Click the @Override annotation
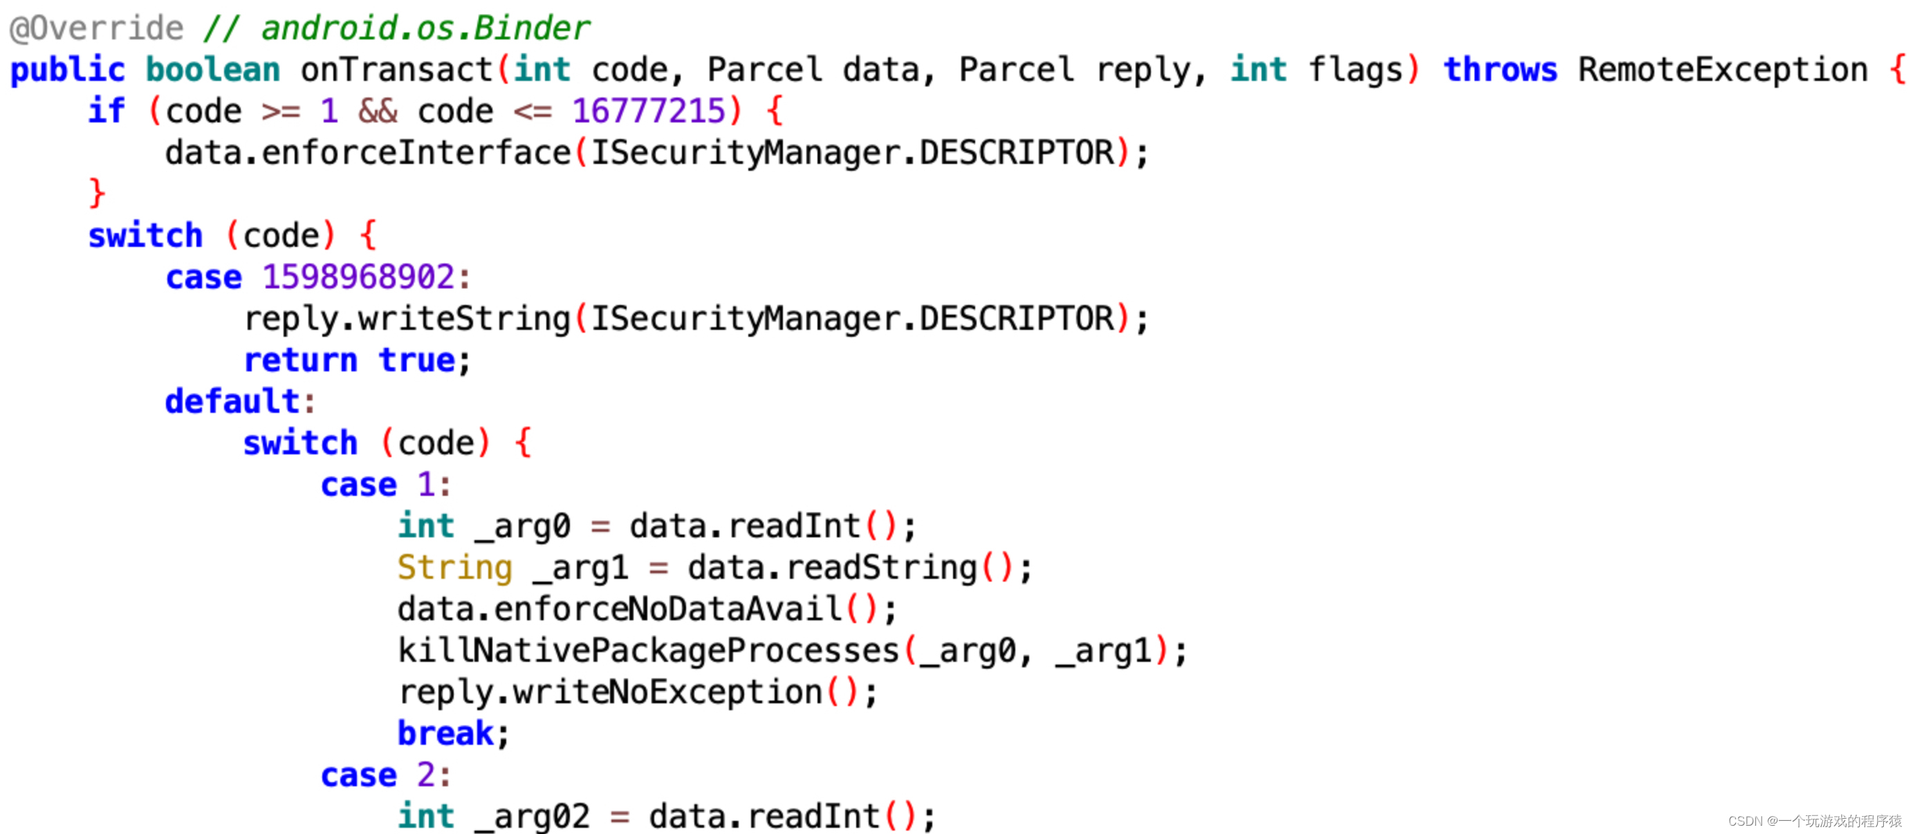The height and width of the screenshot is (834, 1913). (x=97, y=28)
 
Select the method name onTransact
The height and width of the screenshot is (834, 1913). (x=397, y=70)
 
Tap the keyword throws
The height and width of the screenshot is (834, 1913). (x=1500, y=70)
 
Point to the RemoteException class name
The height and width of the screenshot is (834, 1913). (x=1723, y=70)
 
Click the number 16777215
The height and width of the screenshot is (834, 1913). (x=648, y=111)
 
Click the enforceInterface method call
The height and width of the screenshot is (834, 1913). (x=416, y=153)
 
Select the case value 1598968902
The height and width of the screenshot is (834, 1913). (x=359, y=277)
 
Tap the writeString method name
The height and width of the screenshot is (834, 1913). (x=464, y=319)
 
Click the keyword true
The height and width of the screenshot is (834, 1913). (x=417, y=360)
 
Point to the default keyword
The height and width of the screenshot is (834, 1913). (x=232, y=402)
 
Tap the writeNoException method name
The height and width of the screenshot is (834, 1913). (x=667, y=692)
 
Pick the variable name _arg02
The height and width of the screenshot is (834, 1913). (x=533, y=817)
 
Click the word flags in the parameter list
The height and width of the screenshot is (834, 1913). (x=1356, y=70)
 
